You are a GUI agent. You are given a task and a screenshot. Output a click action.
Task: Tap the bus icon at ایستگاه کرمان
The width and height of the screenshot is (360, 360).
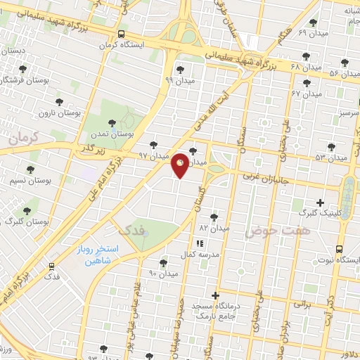click(122, 34)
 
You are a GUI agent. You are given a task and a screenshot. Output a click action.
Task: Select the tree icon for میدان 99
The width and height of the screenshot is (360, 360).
click(181, 69)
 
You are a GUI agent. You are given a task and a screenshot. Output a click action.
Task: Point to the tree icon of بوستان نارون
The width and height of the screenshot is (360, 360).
click(59, 102)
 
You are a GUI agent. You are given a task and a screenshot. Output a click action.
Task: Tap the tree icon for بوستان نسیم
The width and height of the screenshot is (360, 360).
click(30, 169)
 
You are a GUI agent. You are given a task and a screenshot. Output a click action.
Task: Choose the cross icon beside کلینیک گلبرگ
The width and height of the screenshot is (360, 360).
click(321, 202)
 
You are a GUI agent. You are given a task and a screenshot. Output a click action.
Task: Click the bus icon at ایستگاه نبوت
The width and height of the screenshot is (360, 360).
click(340, 249)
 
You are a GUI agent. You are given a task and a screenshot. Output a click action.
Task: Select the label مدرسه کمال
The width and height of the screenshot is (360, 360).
click(202, 253)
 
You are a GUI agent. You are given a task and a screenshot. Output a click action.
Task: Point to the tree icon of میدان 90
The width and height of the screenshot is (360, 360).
click(164, 262)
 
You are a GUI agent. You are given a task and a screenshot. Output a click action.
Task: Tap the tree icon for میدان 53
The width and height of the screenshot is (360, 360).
click(331, 147)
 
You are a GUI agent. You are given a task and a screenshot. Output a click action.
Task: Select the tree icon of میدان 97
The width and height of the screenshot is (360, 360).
click(153, 144)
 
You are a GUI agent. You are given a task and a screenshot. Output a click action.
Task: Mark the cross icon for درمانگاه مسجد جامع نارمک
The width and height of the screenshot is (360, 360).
click(216, 295)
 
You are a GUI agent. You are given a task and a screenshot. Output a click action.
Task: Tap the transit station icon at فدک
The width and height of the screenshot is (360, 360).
click(51, 267)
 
